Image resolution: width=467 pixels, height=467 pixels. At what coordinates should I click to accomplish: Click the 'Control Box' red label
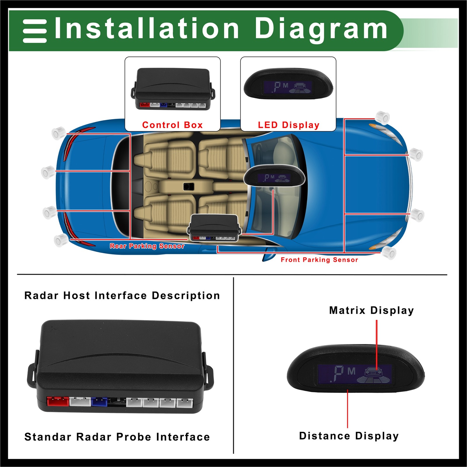pos(172,125)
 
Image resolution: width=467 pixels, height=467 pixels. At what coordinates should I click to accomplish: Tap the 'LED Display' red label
pos(288,125)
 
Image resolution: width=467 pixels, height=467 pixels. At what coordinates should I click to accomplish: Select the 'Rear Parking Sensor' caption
pos(147,246)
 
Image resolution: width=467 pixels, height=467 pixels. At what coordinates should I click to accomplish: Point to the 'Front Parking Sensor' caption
pos(319,260)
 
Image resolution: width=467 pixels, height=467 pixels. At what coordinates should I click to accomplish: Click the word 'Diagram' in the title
pos(321,29)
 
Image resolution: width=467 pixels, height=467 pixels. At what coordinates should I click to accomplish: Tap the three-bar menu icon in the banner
pos(35,31)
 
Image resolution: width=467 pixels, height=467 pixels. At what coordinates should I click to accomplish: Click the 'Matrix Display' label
pos(371,310)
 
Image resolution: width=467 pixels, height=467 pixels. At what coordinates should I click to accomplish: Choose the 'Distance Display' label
pos(349,436)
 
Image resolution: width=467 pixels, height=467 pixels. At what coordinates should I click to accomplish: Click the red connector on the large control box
pos(58,401)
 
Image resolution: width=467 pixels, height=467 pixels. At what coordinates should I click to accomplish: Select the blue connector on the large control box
pos(100,402)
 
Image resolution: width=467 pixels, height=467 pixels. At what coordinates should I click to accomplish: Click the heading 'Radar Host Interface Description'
pos(122,295)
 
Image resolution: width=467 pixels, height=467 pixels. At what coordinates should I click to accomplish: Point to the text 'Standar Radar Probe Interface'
pos(117,437)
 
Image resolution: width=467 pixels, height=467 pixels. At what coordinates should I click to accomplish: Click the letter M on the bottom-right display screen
pos(351,371)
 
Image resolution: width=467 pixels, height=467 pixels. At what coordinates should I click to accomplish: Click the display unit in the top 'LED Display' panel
pos(288,84)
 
